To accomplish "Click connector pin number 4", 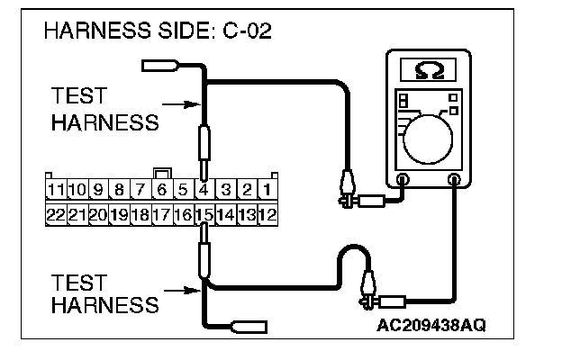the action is [204, 190].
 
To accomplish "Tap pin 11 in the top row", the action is [57, 190].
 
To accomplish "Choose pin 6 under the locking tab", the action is [162, 190].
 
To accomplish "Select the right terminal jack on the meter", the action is [455, 179].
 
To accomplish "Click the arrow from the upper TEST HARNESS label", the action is [185, 104].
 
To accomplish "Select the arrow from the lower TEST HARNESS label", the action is [185, 290].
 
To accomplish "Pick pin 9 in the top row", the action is [98, 190].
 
